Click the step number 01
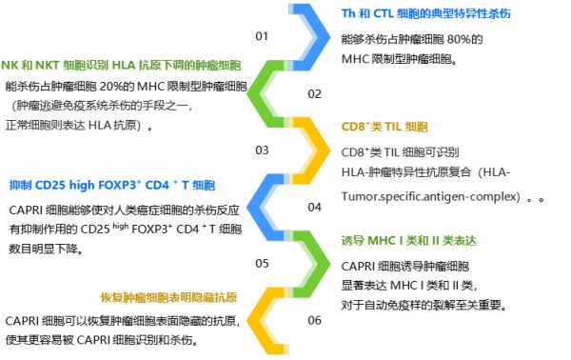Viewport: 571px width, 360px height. (x=262, y=36)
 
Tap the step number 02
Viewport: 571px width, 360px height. (x=314, y=93)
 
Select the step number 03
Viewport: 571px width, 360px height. (x=262, y=150)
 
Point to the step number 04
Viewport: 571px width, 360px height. (x=314, y=207)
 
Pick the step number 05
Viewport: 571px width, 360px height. (x=262, y=263)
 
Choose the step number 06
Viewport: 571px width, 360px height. (x=314, y=320)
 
